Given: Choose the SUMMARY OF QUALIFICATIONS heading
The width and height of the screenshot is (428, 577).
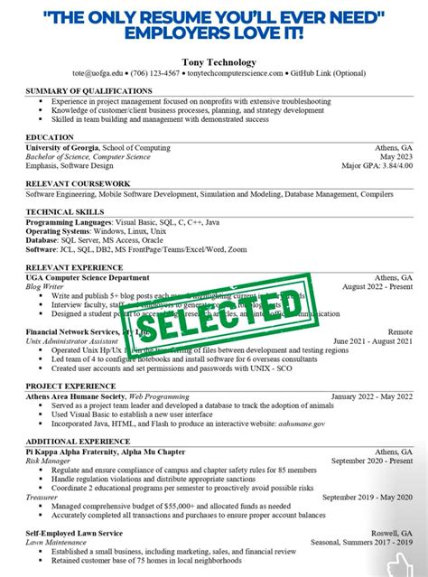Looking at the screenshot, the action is click(x=88, y=91).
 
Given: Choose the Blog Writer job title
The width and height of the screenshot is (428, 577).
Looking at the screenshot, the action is click(x=46, y=287).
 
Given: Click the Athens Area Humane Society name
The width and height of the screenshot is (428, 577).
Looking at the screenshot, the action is click(x=75, y=397).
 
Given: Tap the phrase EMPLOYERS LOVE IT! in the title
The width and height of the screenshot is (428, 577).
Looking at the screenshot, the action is click(x=214, y=33).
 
